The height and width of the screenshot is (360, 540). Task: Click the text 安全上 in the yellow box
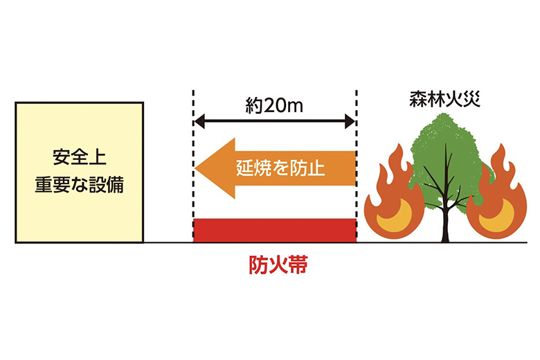pos(80,158)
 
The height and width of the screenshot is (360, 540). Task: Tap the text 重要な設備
pos(80,186)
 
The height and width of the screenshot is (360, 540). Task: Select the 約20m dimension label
pos(274,106)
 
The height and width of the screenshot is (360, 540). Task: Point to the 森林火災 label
pos(444,99)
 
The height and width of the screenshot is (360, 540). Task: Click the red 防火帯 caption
pos(278,266)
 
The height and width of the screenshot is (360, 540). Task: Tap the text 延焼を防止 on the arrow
pos(280,168)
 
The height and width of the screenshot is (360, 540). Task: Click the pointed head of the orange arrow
pos(196,168)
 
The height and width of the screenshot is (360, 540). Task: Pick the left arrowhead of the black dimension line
pos(199,121)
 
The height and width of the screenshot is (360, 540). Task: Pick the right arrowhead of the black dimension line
pos(350,121)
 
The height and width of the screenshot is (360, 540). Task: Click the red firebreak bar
pos(275,231)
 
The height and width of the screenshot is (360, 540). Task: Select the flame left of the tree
pos(394,195)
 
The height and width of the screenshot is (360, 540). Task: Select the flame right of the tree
pos(496,195)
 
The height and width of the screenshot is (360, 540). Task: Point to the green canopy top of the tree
pos(446,129)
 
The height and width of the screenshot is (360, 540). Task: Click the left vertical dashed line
pos(194,165)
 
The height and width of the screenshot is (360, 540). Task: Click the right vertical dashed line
pos(357,165)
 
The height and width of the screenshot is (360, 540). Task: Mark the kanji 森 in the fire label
pos(418,99)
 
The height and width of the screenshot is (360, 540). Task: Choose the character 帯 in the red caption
pos(298,266)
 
